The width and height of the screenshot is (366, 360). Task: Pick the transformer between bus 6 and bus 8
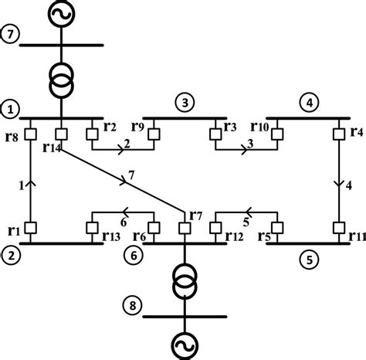click(185, 283)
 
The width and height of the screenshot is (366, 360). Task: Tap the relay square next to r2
click(92, 134)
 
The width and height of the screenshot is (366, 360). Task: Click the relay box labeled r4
click(339, 134)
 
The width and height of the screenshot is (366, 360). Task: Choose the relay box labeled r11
click(339, 228)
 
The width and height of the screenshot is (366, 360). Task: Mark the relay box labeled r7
click(185, 228)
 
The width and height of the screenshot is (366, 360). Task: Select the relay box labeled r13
click(92, 228)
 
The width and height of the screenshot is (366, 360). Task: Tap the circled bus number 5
click(307, 260)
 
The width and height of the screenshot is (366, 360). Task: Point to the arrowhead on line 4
click(339, 184)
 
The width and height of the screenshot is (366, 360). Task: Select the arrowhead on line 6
click(124, 211)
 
